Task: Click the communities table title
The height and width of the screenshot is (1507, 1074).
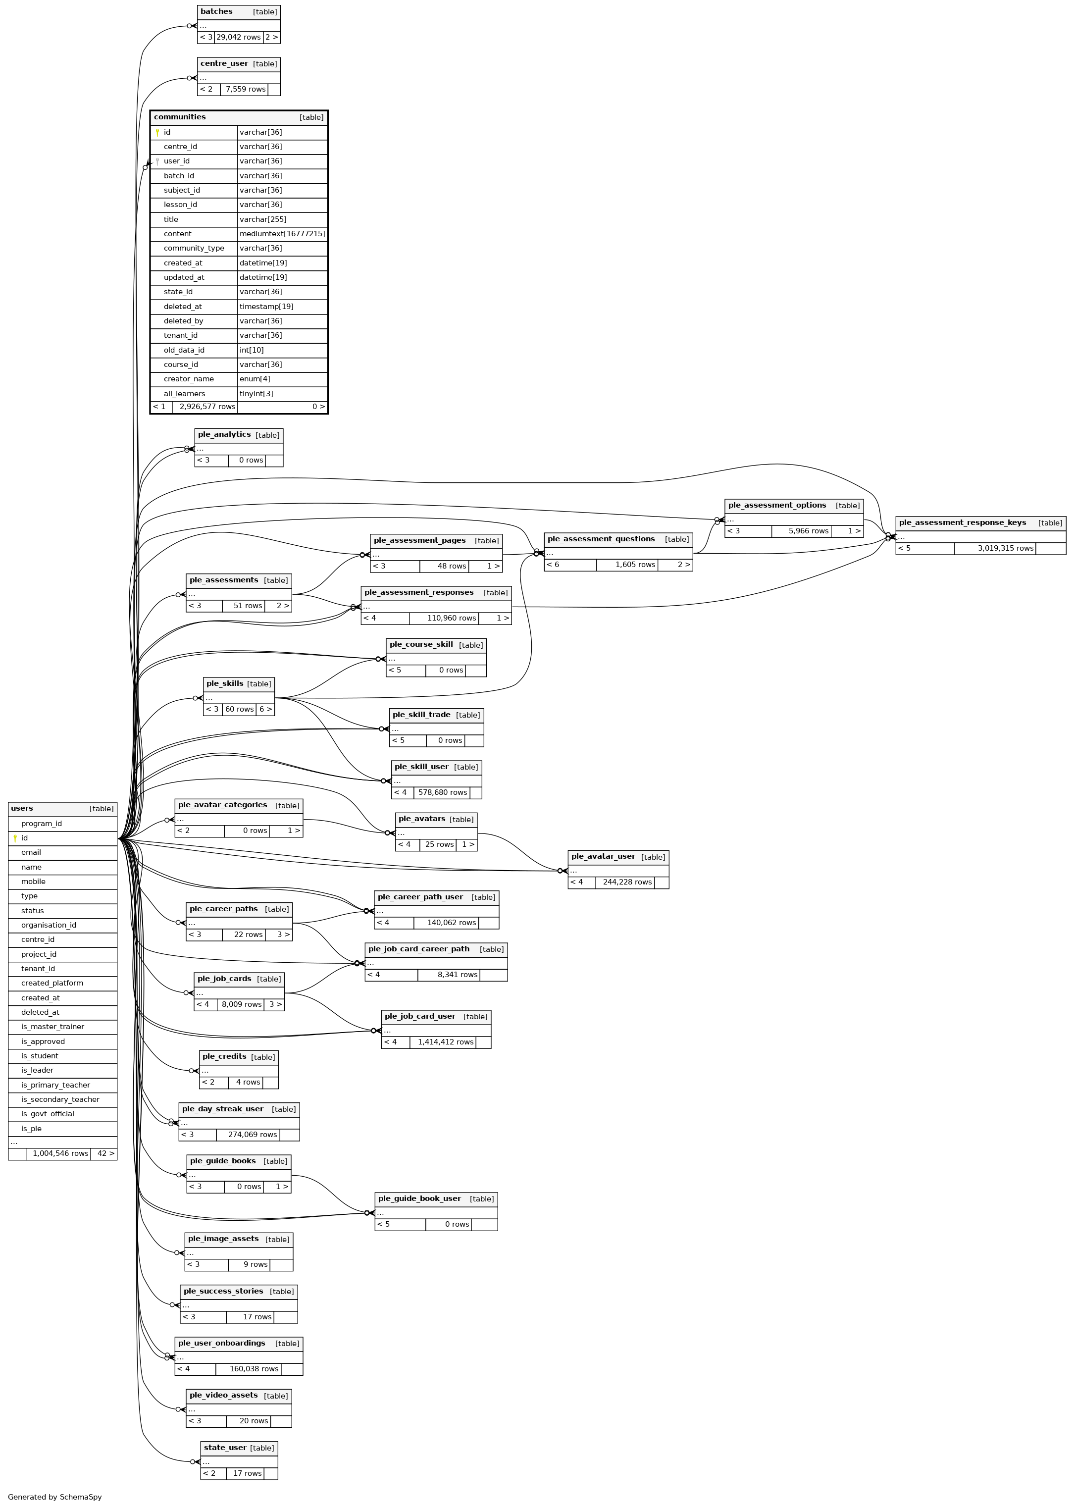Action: (x=180, y=117)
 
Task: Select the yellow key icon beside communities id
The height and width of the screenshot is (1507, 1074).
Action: (x=157, y=132)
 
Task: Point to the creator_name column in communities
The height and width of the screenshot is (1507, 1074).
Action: (x=189, y=379)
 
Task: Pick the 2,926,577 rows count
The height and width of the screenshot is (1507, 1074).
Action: (x=207, y=407)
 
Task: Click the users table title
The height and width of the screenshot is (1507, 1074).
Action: (x=22, y=808)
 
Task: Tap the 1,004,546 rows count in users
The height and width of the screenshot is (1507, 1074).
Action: (x=60, y=1154)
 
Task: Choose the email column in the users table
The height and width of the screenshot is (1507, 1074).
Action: (x=31, y=852)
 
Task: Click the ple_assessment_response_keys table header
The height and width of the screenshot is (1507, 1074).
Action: (x=962, y=523)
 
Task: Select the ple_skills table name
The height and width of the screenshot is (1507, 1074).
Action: (x=225, y=684)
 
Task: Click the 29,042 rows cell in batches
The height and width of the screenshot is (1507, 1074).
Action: (x=238, y=37)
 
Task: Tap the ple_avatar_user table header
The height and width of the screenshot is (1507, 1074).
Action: (x=603, y=856)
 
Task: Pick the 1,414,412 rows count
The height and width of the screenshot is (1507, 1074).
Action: (x=445, y=1042)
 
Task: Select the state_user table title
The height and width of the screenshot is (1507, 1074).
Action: (x=225, y=1448)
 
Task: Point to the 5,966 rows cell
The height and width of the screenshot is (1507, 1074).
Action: (x=808, y=531)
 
